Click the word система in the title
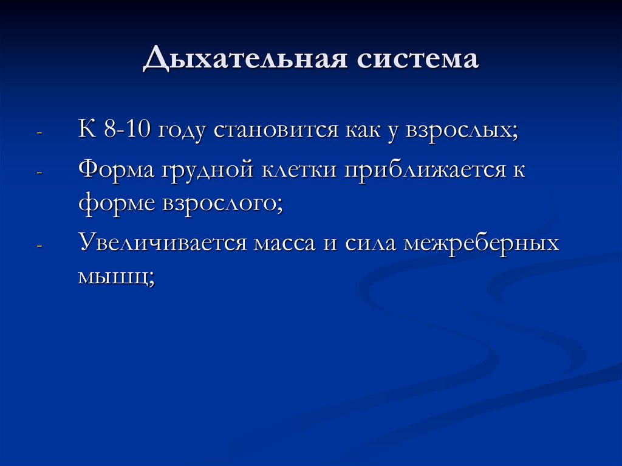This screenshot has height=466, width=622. [419, 60]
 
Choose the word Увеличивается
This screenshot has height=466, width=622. [161, 244]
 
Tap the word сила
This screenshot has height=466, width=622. [366, 244]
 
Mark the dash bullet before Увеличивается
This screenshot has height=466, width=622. [39, 245]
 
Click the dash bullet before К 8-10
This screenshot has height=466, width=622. [39, 133]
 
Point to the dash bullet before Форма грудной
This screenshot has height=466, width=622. [39, 171]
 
